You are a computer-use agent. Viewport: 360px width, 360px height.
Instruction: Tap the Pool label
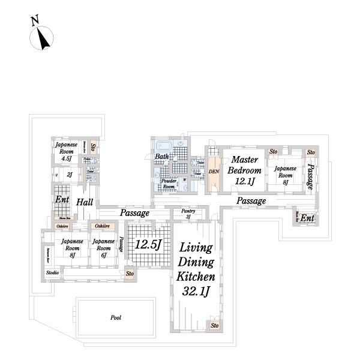tap(116, 317)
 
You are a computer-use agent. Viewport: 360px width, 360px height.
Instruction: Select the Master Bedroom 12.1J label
tap(244, 170)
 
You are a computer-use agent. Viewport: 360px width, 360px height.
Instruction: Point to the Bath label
tap(162, 157)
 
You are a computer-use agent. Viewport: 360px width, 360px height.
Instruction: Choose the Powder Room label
tap(169, 183)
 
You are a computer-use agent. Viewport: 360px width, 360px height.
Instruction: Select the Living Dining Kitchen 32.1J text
tap(196, 270)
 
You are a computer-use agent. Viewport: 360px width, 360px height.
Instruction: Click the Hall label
tap(84, 203)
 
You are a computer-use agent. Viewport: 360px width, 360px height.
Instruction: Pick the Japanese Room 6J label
tap(103, 248)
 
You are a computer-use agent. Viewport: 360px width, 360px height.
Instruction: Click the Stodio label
tap(52, 273)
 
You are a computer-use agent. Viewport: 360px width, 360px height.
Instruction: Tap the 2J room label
tap(70, 175)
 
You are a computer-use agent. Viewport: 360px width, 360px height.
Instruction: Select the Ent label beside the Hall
tap(62, 200)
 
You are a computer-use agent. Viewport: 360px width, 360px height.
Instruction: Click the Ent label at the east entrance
tap(307, 218)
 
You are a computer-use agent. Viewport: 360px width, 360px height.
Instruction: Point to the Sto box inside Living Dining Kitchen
tap(214, 326)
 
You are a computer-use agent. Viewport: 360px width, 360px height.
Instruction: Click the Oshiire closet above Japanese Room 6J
tap(101, 226)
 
